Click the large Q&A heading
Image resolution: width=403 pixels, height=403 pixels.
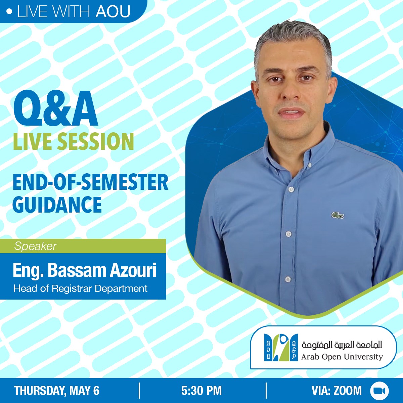[55, 108]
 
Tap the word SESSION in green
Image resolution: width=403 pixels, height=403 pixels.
[95, 141]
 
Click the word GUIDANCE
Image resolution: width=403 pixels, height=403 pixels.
[57, 204]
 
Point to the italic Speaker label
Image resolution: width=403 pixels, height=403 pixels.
[35, 246]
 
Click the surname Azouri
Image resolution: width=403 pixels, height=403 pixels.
[133, 270]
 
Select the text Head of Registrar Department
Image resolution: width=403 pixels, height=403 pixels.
[81, 288]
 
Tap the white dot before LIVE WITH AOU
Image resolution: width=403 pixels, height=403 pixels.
[9, 12]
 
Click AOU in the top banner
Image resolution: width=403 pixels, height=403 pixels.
[113, 11]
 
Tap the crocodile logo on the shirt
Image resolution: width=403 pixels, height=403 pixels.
[337, 215]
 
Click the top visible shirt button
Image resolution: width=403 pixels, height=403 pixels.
[291, 189]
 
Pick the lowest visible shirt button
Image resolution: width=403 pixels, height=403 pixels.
[288, 279]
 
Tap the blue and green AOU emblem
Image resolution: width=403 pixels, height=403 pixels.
[281, 348]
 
